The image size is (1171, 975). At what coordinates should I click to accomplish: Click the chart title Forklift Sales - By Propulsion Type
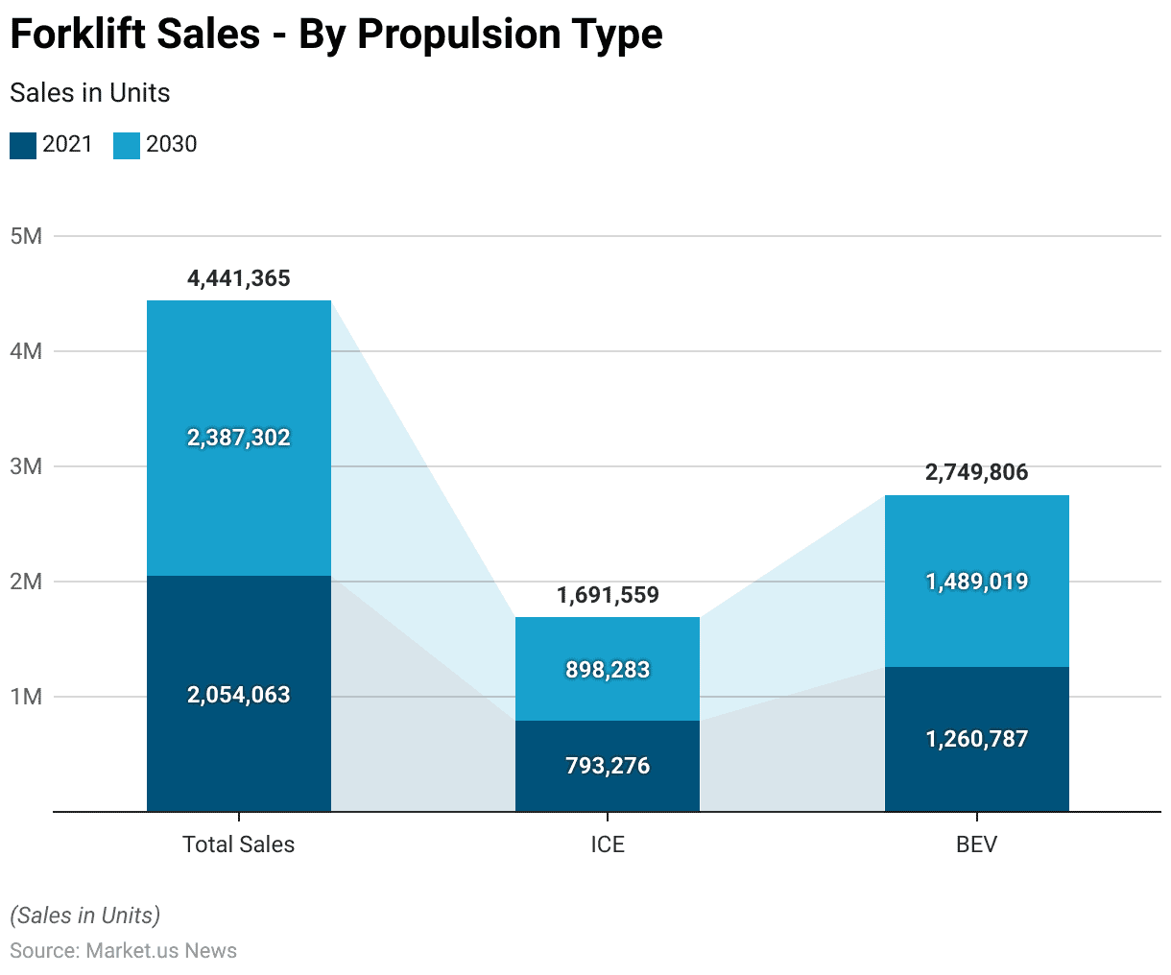pos(336,35)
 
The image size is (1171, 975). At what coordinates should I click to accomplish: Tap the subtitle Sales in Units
pos(90,93)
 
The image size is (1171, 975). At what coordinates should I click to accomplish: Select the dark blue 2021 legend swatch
pos(23,145)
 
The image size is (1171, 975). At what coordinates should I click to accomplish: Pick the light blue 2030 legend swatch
pos(127,145)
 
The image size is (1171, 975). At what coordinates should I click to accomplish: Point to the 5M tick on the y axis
pos(26,236)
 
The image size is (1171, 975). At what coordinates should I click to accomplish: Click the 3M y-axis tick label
pos(26,466)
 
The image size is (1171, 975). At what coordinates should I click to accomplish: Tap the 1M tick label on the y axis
pos(26,697)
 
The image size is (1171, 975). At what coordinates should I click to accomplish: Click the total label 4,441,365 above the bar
pos(238,278)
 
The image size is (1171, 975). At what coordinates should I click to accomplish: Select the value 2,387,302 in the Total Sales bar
pos(238,438)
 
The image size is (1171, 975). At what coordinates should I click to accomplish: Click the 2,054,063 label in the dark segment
pos(238,695)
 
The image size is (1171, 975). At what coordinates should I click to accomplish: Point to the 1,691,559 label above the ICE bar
pos(608,595)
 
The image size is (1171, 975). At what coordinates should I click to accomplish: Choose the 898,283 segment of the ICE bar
pos(608,670)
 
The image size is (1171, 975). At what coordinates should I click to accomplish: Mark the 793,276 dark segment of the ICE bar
pos(608,766)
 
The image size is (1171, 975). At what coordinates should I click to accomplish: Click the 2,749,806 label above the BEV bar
pos(976,472)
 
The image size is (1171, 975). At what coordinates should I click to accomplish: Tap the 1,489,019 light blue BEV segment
pos(976,582)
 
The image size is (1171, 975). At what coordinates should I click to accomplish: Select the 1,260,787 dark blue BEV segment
pos(976,739)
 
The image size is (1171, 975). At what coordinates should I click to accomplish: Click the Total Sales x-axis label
pos(238,844)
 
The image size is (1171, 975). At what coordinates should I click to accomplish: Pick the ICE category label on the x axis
pos(608,844)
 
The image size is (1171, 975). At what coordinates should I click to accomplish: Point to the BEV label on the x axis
pos(976,844)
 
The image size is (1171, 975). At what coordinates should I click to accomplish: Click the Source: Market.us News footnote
pos(123,951)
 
